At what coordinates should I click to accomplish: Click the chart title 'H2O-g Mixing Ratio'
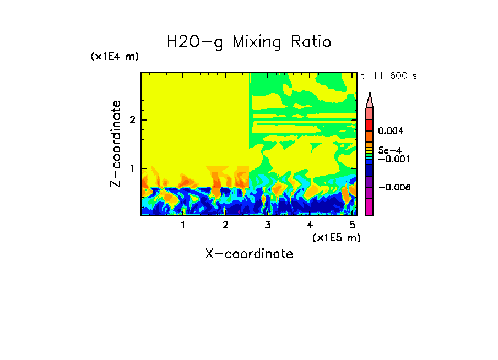click(x=249, y=42)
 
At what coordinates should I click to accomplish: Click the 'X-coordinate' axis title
click(x=249, y=254)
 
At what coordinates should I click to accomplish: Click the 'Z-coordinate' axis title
click(x=116, y=144)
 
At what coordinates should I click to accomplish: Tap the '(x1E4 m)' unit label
click(x=115, y=57)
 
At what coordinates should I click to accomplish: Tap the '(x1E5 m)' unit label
click(x=336, y=237)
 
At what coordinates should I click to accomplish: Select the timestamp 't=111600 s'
click(x=388, y=75)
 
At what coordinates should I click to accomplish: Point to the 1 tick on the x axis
click(x=183, y=225)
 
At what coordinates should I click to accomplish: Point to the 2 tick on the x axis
click(x=225, y=225)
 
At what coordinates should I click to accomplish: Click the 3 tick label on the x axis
click(x=268, y=225)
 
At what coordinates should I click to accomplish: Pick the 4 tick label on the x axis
click(x=310, y=225)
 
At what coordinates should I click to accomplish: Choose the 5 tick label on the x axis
click(x=352, y=225)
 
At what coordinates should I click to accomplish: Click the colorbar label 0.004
click(x=391, y=131)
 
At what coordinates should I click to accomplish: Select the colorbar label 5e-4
click(x=389, y=150)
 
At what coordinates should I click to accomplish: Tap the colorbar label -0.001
click(x=392, y=159)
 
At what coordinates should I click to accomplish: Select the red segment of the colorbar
click(x=370, y=125)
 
